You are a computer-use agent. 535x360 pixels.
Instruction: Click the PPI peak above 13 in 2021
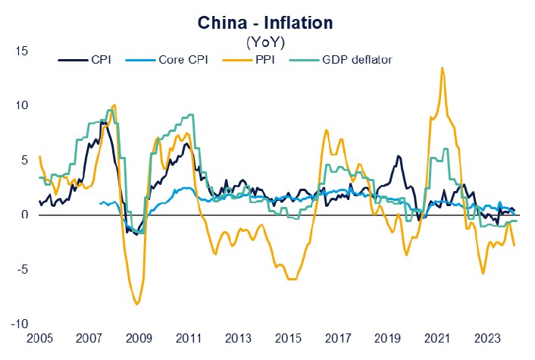pos(442,67)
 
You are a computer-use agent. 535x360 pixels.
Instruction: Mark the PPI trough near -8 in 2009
pos(137,304)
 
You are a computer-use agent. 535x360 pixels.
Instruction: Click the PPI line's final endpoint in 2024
pos(515,245)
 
